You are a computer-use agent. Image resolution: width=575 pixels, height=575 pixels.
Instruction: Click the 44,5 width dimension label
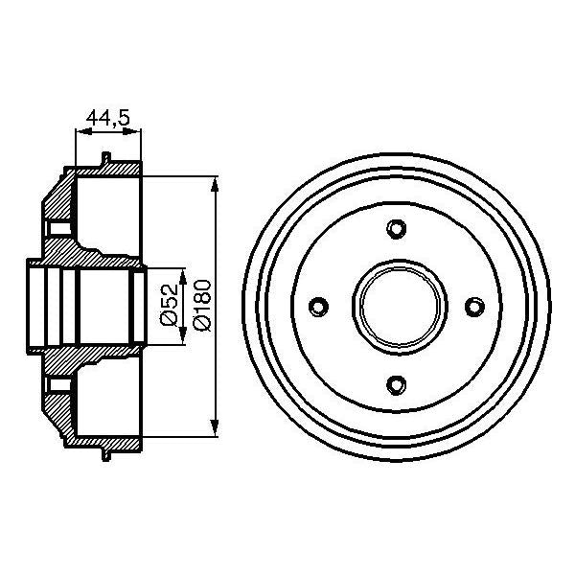(x=107, y=118)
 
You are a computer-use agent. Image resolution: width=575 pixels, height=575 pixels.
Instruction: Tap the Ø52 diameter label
(x=169, y=304)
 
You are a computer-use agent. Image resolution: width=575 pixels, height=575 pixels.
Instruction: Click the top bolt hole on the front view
(x=397, y=228)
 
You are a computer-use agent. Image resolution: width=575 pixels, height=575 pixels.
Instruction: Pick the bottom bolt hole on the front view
(x=397, y=384)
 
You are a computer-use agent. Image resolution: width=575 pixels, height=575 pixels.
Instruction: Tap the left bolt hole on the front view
(x=319, y=306)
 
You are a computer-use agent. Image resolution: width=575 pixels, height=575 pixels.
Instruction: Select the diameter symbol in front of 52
(x=169, y=322)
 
